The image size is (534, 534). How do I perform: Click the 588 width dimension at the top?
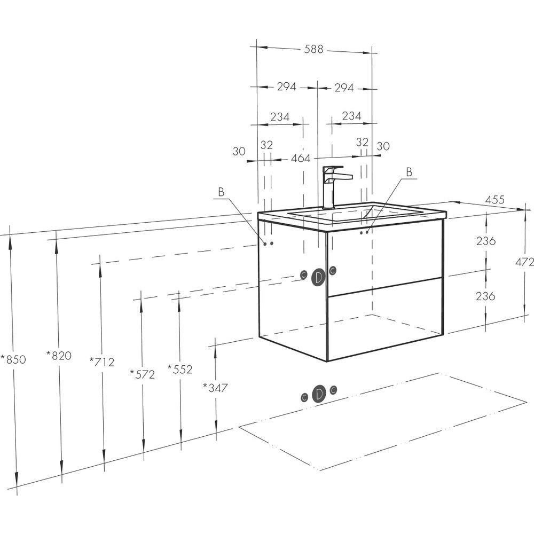point(313,49)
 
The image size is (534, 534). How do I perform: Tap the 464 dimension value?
point(300,158)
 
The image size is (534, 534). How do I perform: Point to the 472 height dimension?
point(524,262)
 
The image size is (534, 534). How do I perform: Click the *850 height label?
point(13,359)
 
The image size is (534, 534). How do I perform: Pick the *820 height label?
point(59,356)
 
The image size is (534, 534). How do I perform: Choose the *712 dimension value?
point(101,362)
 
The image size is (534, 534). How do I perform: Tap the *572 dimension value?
point(143,374)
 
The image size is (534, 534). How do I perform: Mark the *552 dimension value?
point(180,369)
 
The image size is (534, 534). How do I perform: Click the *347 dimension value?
point(215,387)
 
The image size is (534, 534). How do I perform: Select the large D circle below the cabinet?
point(318,394)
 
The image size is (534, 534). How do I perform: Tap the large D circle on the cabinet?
point(318,278)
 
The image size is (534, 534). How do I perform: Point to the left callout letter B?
point(222,192)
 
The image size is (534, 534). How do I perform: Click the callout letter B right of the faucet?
point(409,172)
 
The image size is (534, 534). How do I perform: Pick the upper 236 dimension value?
point(485,241)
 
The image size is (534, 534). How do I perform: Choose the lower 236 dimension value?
point(485,296)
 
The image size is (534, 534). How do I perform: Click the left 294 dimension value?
point(286,87)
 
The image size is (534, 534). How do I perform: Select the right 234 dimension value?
point(351,116)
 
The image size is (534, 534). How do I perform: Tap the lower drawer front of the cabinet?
point(385,319)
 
